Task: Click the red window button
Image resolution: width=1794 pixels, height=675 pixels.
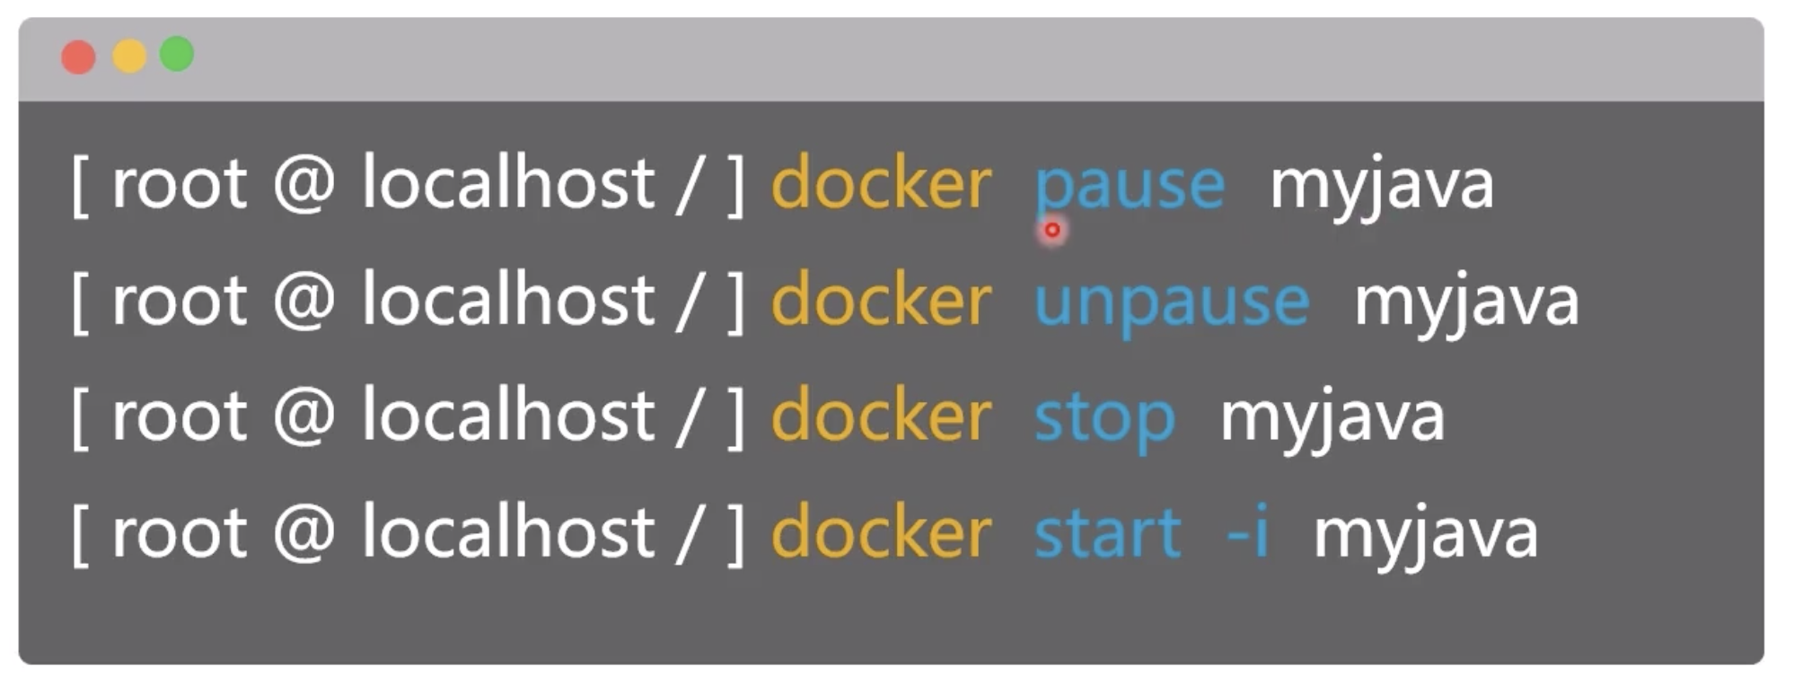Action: (78, 57)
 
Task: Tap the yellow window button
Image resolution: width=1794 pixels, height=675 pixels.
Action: (129, 56)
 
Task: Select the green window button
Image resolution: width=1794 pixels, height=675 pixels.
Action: (177, 54)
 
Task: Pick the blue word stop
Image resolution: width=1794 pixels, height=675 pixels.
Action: (1104, 420)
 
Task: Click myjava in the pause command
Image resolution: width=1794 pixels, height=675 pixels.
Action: (1382, 190)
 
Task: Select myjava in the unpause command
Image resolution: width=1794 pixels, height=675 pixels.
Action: (1466, 307)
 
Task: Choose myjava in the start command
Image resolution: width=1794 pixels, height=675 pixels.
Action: (1426, 539)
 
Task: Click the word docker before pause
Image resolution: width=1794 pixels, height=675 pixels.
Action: (881, 183)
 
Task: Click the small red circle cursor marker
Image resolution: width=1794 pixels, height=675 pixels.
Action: (1051, 230)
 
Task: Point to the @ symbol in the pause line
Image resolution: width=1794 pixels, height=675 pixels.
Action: (304, 184)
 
